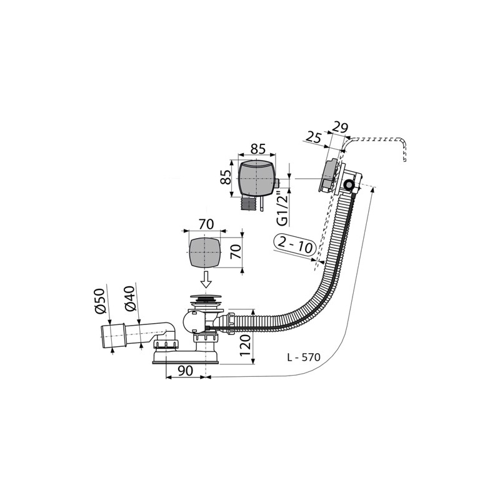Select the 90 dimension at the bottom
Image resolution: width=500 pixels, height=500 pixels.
(x=185, y=370)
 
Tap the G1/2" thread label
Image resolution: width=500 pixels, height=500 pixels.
(x=284, y=209)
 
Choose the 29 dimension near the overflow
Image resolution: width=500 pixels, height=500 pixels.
(x=339, y=127)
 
